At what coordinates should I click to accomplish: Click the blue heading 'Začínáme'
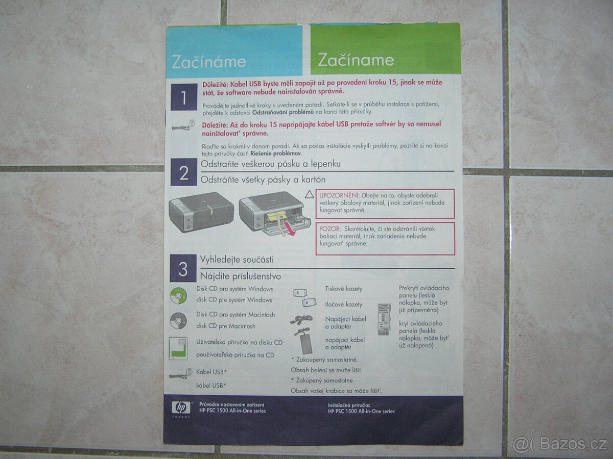(x=208, y=62)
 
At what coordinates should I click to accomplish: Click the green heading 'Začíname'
(x=356, y=60)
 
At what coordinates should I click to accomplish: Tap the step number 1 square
(x=183, y=97)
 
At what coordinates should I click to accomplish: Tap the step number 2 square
(x=184, y=172)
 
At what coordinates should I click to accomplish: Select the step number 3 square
(x=183, y=269)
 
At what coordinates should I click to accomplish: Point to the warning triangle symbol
(x=309, y=195)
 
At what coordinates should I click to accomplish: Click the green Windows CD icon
(x=178, y=295)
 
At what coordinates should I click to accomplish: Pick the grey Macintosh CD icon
(x=178, y=320)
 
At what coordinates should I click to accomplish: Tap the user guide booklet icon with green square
(x=178, y=349)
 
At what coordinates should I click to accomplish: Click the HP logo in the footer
(x=180, y=407)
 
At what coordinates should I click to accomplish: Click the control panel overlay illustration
(x=383, y=319)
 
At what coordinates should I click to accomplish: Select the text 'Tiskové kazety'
(x=344, y=289)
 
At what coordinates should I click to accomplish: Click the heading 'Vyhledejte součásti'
(x=237, y=260)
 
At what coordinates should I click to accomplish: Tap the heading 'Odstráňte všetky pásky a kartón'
(x=263, y=180)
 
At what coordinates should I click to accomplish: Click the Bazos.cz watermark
(x=560, y=444)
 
